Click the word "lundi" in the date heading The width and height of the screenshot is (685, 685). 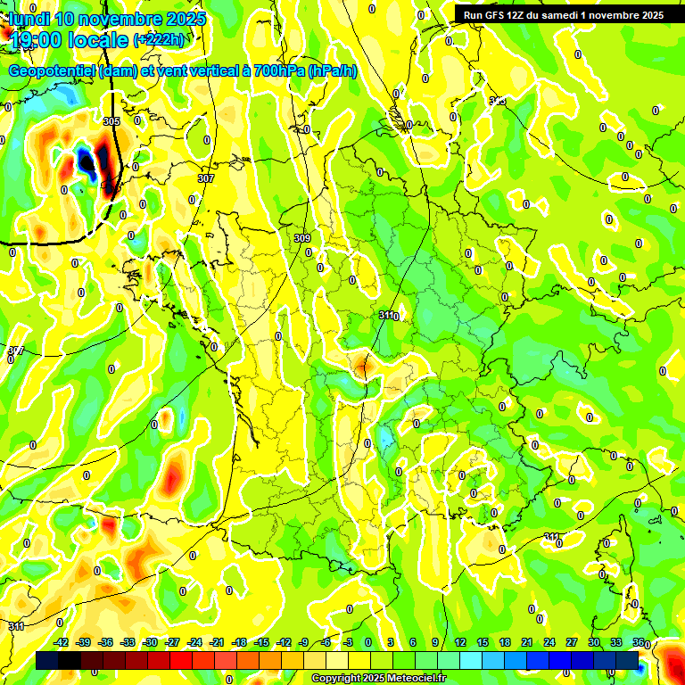(x=29, y=19)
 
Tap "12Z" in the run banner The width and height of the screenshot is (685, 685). (x=523, y=15)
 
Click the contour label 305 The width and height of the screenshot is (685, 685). (x=111, y=121)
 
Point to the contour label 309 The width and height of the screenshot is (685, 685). (x=302, y=238)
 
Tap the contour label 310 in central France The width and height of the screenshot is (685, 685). (x=388, y=316)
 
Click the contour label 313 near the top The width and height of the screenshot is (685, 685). (x=498, y=101)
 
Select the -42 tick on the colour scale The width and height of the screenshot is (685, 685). (x=62, y=642)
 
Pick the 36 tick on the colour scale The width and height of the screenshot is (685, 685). (x=639, y=642)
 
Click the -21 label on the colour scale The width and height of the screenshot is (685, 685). (x=217, y=642)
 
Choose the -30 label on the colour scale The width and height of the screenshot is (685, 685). (x=151, y=642)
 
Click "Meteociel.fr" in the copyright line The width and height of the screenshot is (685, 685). (x=413, y=679)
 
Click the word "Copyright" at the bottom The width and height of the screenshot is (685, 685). (x=337, y=679)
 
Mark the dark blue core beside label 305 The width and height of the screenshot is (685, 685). (x=87, y=160)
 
